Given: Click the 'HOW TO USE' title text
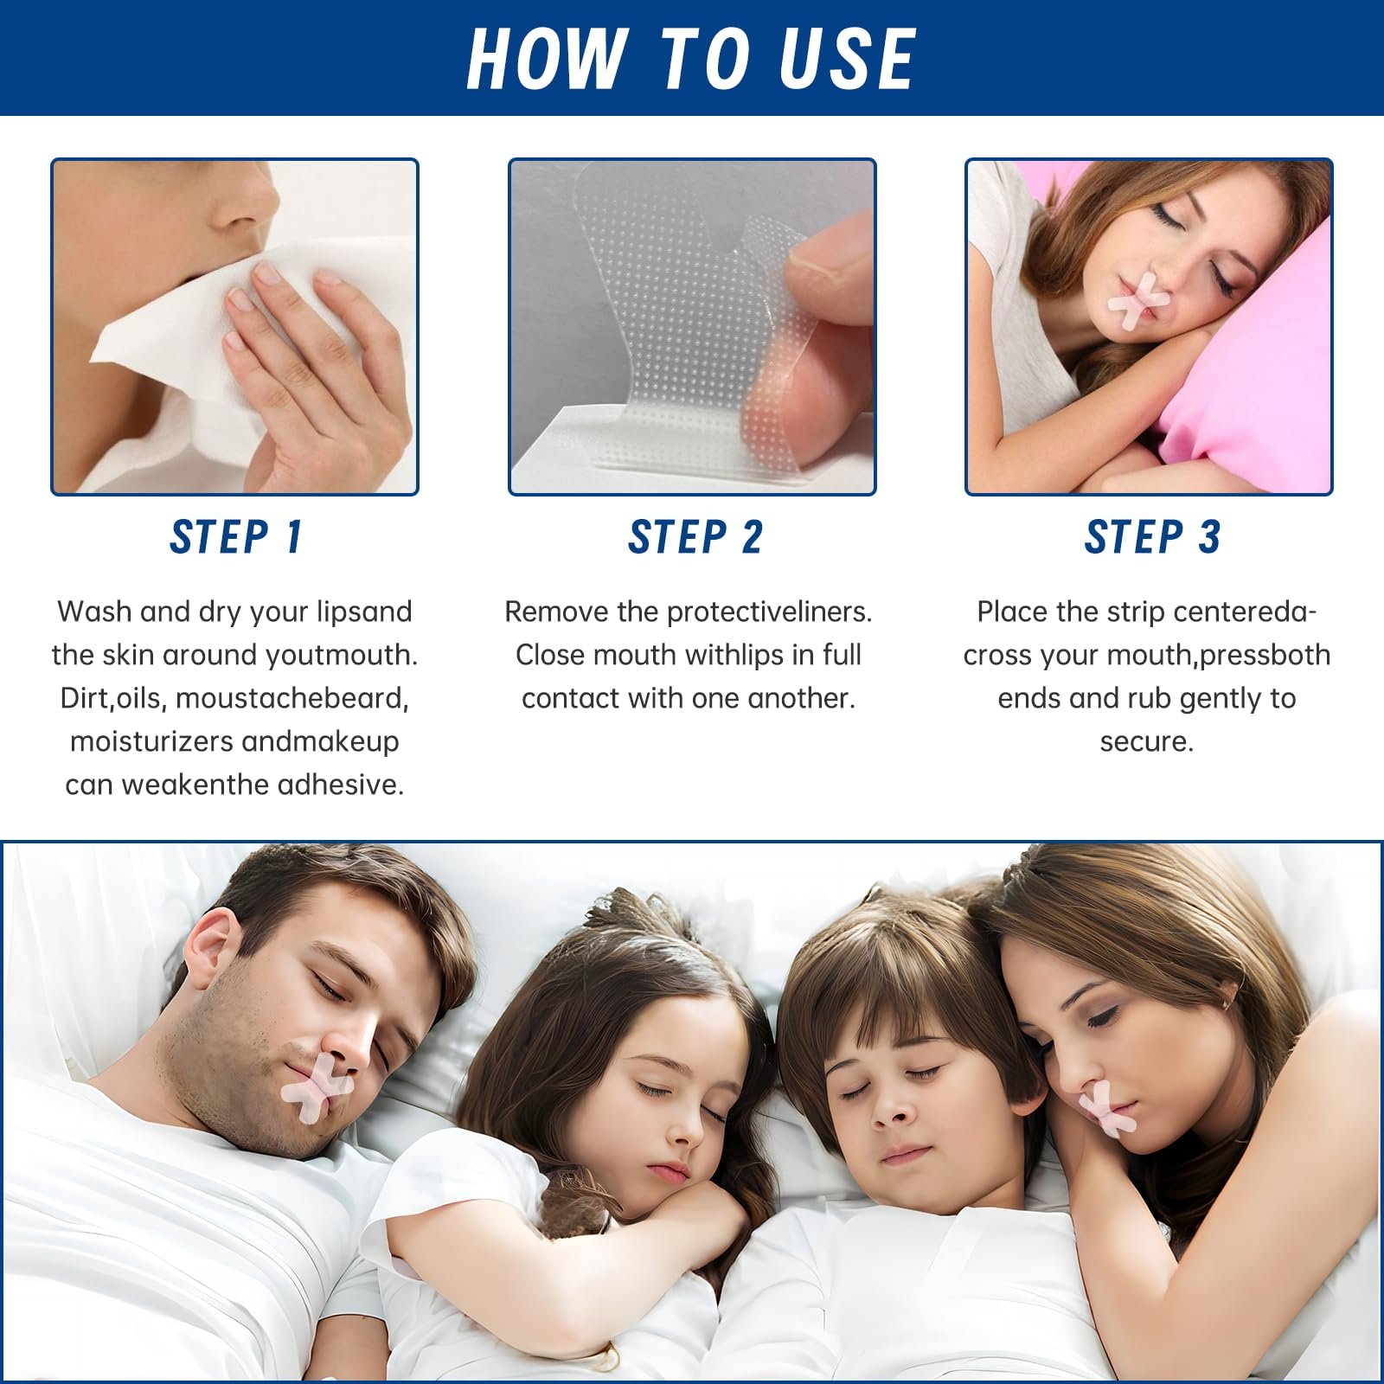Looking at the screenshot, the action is point(691,58).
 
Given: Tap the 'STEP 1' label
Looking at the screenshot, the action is point(235,537).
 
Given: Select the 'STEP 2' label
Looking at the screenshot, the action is point(695,537).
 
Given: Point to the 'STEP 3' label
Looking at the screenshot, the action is point(1152,537).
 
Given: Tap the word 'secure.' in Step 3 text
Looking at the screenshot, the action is point(1147,741).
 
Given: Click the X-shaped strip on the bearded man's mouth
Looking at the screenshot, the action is point(316,1088).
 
